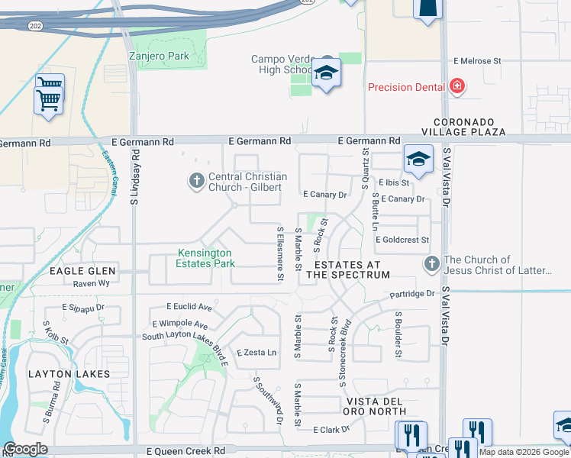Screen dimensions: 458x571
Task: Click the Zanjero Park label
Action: pyautogui.click(x=158, y=56)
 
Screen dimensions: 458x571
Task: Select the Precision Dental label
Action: pyautogui.click(x=406, y=87)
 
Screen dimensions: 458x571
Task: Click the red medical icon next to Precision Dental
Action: pyautogui.click(x=457, y=87)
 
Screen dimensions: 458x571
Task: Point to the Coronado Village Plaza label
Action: pyautogui.click(x=469, y=127)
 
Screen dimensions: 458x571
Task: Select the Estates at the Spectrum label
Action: pyautogui.click(x=348, y=269)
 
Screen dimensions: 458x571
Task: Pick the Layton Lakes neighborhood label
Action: pyautogui.click(x=69, y=374)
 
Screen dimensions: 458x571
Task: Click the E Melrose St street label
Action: pyautogui.click(x=476, y=60)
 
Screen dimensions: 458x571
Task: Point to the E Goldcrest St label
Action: pyautogui.click(x=402, y=240)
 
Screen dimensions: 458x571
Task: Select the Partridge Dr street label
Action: pyautogui.click(x=411, y=294)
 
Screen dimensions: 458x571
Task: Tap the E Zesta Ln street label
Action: pyautogui.click(x=256, y=353)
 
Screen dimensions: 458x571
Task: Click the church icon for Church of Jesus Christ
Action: pyautogui.click(x=431, y=264)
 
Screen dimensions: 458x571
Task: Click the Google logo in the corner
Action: pyautogui.click(x=26, y=449)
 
